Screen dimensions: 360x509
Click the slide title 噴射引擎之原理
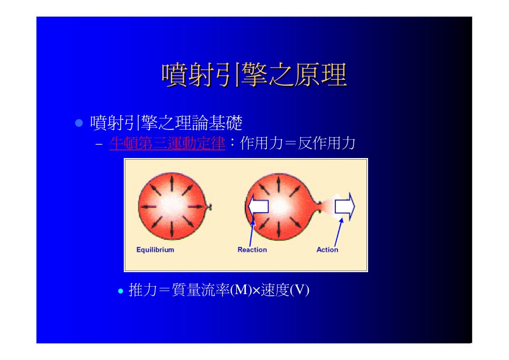click(254, 76)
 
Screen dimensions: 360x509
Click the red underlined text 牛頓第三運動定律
click(167, 144)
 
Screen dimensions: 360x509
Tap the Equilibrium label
click(155, 250)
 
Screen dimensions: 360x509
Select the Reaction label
click(252, 250)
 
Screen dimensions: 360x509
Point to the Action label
click(327, 250)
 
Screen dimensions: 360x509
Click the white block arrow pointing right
click(345, 207)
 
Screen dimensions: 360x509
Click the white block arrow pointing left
click(258, 207)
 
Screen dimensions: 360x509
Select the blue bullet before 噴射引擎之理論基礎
click(79, 123)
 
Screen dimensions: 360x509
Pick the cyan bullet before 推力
click(121, 291)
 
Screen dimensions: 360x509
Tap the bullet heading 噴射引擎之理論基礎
click(166, 123)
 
